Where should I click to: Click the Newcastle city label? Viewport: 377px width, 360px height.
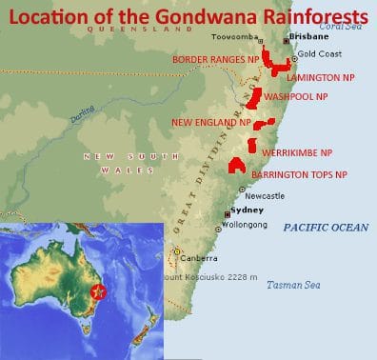[x=265, y=195]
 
